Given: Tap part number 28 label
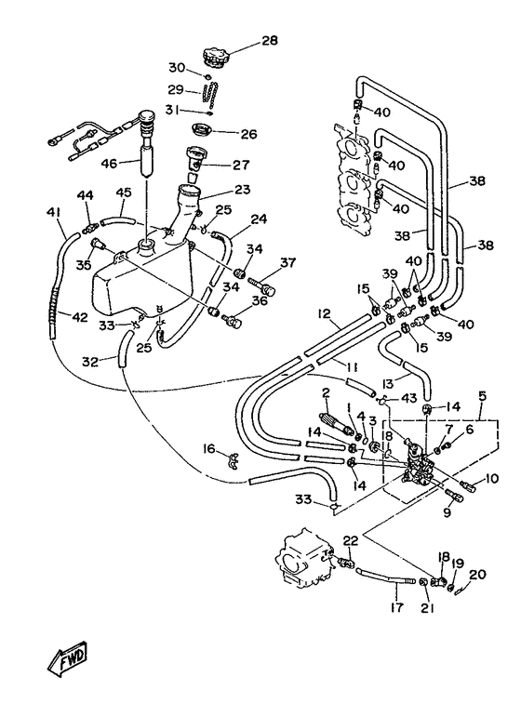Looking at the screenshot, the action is point(270,41).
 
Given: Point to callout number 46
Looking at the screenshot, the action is point(109,164).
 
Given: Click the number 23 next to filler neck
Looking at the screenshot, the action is point(242,190).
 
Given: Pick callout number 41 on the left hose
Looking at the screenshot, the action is point(53,212).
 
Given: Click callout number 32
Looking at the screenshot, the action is point(90,362).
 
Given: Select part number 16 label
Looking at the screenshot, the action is point(209,449).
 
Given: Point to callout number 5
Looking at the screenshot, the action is point(483,396).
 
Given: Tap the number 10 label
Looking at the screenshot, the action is point(491,479).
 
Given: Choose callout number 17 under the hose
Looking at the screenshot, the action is point(397,607).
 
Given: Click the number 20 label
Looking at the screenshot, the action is point(477,574).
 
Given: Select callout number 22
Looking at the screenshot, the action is point(351,540).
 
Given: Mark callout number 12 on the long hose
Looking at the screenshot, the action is point(325,313).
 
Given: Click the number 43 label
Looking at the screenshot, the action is point(408,397).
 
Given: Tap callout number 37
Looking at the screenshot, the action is point(288,262).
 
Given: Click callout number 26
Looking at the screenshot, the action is point(248,134).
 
